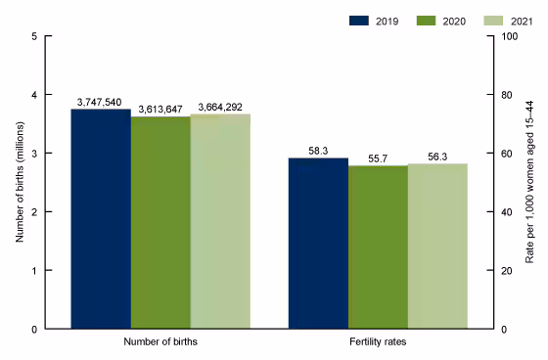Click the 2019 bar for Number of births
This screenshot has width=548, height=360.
click(x=101, y=219)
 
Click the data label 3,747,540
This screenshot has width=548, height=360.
click(x=101, y=102)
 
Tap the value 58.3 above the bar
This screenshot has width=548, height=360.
click(x=318, y=151)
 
